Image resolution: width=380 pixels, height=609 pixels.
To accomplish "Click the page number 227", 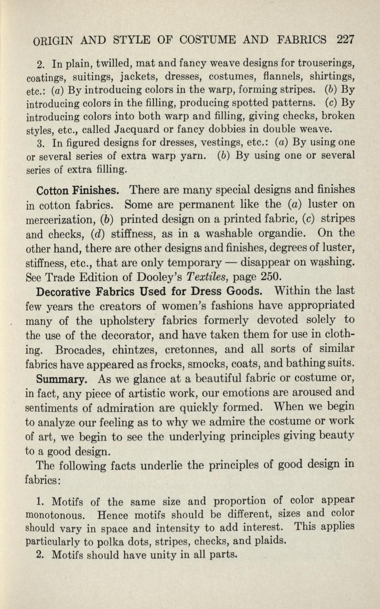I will coord(345,40).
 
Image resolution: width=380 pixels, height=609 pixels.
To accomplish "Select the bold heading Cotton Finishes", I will coord(77,190).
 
